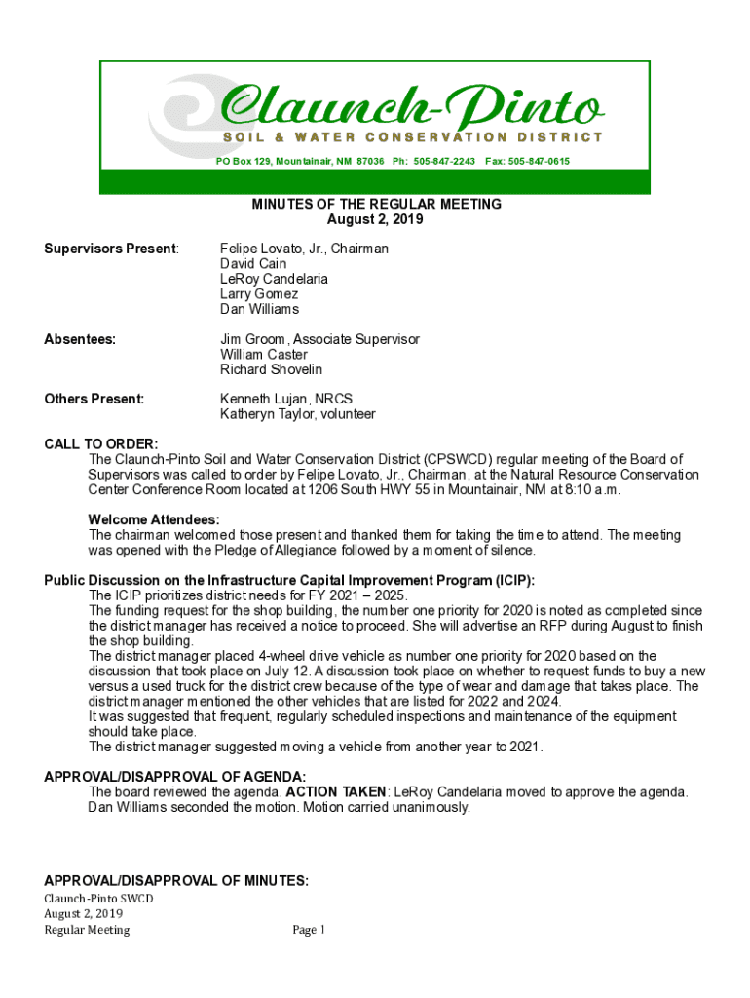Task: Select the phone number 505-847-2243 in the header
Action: (x=444, y=161)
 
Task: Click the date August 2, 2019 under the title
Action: (x=375, y=219)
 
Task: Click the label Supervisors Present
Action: (x=111, y=249)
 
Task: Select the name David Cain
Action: (x=252, y=264)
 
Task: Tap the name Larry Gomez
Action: (x=259, y=293)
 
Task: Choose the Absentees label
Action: (x=80, y=339)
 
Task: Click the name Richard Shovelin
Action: (x=271, y=369)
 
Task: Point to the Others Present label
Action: (x=94, y=399)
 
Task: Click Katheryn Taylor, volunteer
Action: (x=297, y=414)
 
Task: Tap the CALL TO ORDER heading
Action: (x=100, y=444)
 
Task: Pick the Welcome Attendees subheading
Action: (x=154, y=519)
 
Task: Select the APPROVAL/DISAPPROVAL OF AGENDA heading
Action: (x=175, y=777)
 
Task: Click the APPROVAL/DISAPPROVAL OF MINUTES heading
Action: (x=176, y=881)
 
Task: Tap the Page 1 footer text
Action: (x=309, y=930)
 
